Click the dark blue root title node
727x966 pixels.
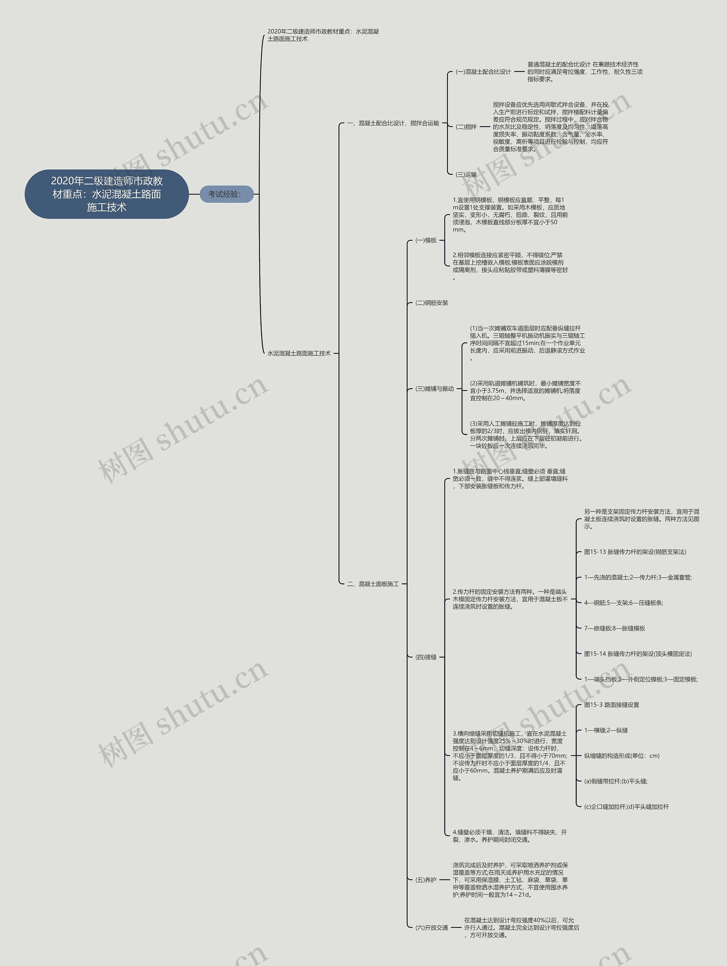click(x=106, y=194)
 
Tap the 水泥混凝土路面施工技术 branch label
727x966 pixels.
click(x=299, y=353)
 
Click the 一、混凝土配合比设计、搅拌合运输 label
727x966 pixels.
click(x=393, y=123)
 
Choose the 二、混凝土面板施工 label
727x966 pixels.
click(x=373, y=584)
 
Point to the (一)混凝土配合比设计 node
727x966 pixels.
click(x=483, y=72)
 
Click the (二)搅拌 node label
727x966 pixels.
click(x=466, y=127)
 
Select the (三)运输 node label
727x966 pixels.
click(x=466, y=174)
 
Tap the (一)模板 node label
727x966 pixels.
click(x=426, y=240)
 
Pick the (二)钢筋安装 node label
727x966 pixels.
click(x=432, y=303)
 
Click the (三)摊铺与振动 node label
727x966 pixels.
click(x=434, y=389)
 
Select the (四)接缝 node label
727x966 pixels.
click(x=426, y=657)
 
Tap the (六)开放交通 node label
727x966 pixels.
click(x=432, y=928)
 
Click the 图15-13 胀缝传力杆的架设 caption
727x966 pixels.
click(x=635, y=552)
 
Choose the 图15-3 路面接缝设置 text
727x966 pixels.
click(x=611, y=705)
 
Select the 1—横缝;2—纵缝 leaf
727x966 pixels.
click(x=606, y=730)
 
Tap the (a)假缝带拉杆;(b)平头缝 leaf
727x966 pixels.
click(x=616, y=781)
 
